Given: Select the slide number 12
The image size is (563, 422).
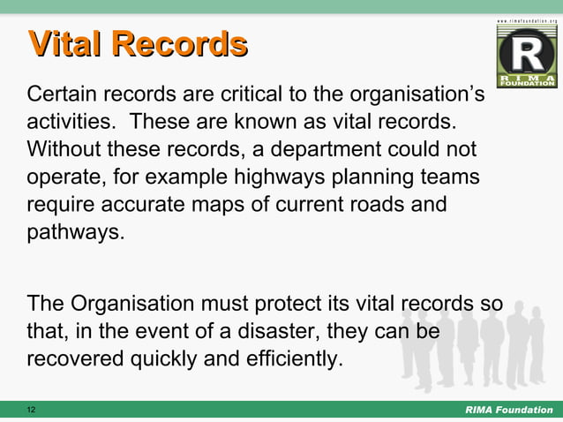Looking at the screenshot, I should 32,411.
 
